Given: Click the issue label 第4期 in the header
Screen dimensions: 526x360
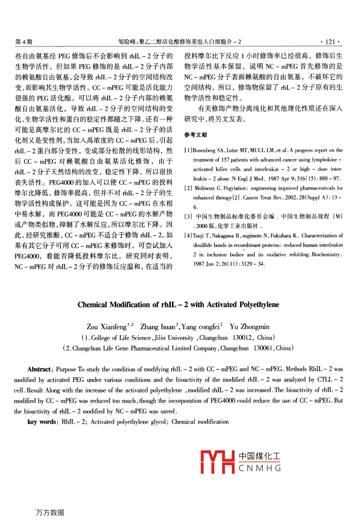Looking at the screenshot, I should tap(23, 41).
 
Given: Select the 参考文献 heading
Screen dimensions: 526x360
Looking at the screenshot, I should tap(196, 135).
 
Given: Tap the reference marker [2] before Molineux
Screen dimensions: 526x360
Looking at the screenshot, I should tap(188, 188).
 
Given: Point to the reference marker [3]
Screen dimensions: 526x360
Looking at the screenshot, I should tap(188, 216).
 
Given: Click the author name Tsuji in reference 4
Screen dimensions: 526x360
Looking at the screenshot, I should tap(198, 236).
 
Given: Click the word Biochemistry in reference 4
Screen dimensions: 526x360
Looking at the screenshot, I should tap(326, 254).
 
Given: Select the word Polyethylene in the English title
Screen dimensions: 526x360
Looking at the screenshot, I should tap(259, 305).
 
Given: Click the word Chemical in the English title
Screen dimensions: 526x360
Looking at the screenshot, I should tap(92, 305).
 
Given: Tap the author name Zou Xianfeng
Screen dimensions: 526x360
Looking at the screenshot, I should tap(106, 327).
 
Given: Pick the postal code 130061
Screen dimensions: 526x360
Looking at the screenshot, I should tap(263, 348).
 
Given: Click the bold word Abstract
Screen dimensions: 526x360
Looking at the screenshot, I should tap(39, 369).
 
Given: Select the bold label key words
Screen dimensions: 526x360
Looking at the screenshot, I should tap(43, 422).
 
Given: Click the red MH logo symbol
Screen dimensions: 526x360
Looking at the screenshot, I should tap(217, 462).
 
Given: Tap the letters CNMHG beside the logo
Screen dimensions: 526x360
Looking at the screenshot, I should tap(260, 468).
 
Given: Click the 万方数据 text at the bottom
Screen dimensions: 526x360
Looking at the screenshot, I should tap(50, 512).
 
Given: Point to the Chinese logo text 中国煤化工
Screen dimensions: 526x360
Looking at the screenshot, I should tap(260, 456).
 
